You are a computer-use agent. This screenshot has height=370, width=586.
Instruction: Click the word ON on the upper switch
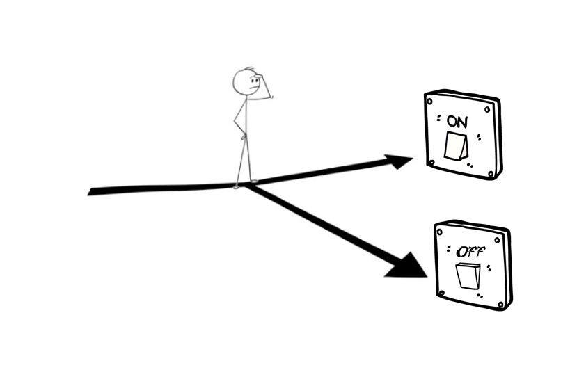tap(457, 121)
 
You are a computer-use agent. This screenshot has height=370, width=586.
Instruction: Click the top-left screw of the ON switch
tap(430, 101)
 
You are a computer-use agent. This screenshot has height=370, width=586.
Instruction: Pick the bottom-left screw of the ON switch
tap(431, 163)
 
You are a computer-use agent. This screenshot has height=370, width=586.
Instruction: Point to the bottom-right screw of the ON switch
tap(491, 172)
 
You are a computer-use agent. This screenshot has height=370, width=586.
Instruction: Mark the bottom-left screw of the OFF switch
tap(440, 293)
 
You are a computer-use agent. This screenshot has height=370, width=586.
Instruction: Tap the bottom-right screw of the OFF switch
tap(502, 300)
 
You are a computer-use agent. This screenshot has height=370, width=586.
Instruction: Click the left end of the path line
tap(90, 191)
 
